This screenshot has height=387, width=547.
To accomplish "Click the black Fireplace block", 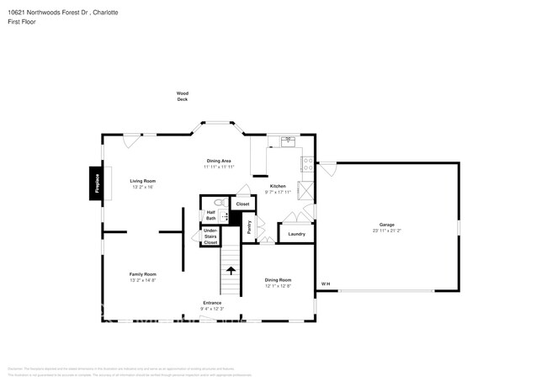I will pos(97,184).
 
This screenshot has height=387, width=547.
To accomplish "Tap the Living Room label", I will pos(142,181).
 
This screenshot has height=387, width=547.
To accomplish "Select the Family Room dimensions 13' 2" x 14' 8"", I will pos(142,280).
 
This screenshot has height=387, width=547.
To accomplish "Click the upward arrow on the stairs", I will pos(231,270).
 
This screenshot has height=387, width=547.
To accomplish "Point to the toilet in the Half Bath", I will pos(218,203).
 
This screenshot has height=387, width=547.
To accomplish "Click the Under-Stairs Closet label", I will pos(210,236).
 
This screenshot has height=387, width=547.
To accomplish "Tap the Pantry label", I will pos(249,226).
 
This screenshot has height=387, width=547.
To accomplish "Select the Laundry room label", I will pos(296,234).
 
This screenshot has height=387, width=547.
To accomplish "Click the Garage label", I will pos(386,225).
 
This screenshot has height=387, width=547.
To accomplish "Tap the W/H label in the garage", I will pos(326,284).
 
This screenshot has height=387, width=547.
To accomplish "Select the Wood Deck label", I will pos(182,96).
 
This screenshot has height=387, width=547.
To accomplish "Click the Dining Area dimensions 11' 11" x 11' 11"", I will pos(219,167).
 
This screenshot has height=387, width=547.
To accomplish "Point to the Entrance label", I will pos(212,303).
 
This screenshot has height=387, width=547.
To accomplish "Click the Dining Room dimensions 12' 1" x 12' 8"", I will pos(278,286).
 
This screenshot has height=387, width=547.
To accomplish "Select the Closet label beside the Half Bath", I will pos(242,204).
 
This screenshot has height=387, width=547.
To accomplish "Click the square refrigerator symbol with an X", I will pos(308,191).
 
